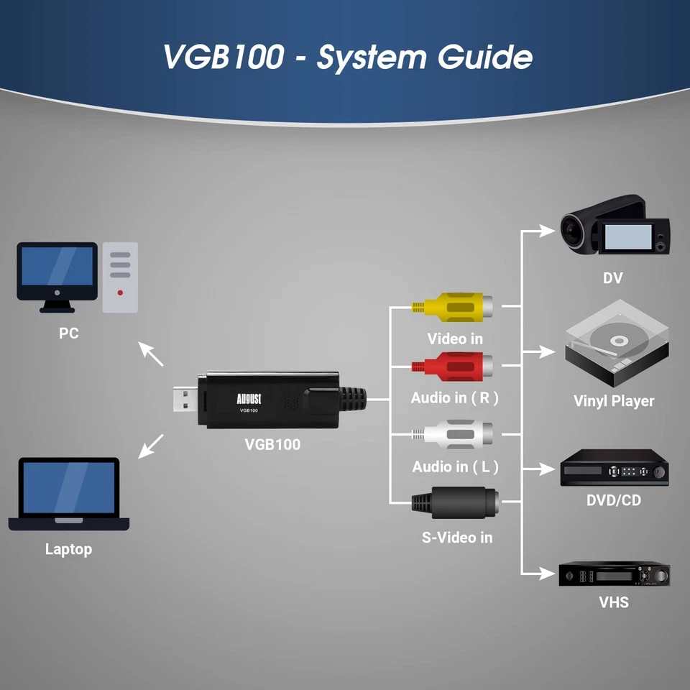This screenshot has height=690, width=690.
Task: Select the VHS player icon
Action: (x=615, y=574)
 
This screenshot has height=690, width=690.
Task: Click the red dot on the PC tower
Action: (x=120, y=293)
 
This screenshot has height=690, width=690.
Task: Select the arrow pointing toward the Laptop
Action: (x=151, y=446)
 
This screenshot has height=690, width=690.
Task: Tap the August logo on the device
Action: (x=248, y=397)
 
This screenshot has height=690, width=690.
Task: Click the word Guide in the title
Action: (x=480, y=57)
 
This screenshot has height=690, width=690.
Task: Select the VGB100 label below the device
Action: (x=272, y=444)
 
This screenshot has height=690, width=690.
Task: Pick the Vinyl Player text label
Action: (x=614, y=401)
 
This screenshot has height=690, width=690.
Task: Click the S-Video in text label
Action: (x=456, y=537)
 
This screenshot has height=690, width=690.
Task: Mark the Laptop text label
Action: (x=68, y=549)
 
